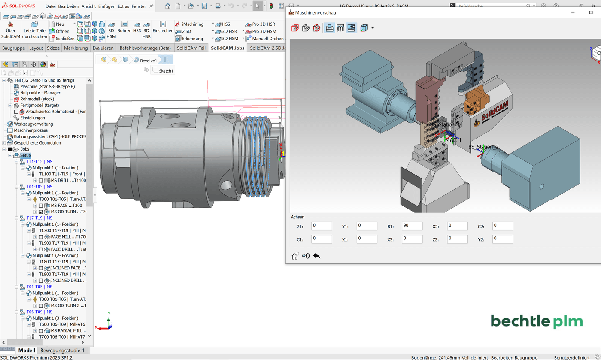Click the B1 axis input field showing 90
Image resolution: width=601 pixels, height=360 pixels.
[412, 226]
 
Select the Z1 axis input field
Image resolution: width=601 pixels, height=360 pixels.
[321, 226]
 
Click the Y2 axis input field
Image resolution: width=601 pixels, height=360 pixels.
[502, 239]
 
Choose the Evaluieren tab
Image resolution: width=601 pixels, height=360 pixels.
[103, 48]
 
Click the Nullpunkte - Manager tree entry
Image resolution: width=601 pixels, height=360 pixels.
[40, 93]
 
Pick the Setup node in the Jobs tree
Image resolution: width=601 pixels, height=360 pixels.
[25, 155]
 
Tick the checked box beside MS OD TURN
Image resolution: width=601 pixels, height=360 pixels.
[41, 212]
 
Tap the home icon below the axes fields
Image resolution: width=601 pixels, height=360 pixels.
[294, 256]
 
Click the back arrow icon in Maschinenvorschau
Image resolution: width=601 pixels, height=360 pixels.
[317, 256]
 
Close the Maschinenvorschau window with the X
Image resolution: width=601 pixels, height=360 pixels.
[591, 12]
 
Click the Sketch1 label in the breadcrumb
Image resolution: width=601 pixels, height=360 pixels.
[166, 71]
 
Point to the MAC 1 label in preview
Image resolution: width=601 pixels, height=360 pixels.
[453, 140]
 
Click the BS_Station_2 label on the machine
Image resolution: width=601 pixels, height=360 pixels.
[483, 147]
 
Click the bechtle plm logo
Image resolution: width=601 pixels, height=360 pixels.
[537, 321]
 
